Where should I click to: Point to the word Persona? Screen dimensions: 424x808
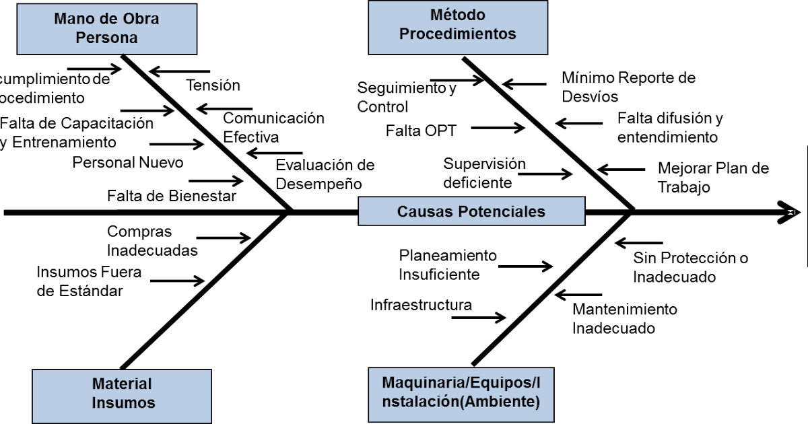[106, 38]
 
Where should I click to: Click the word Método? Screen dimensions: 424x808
[457, 15]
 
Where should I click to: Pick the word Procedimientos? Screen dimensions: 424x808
[458, 34]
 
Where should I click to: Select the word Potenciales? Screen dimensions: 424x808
[502, 211]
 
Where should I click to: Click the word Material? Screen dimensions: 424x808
[122, 384]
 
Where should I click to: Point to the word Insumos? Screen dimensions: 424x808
[123, 403]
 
